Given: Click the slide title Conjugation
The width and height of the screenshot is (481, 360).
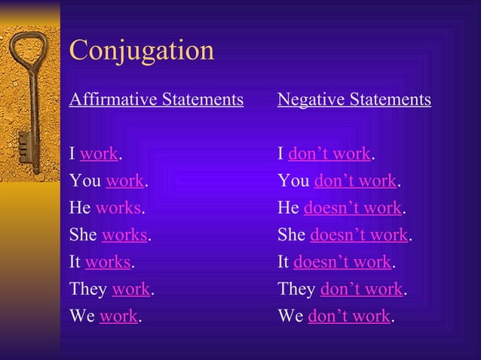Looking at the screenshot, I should click(x=142, y=50).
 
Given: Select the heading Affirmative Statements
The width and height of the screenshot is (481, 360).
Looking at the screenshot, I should click(x=156, y=99).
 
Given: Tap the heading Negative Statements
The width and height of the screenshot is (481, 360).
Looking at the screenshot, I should click(x=354, y=99).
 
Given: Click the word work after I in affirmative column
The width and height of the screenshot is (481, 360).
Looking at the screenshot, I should click(x=99, y=154).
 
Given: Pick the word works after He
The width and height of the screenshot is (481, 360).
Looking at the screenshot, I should click(x=118, y=208).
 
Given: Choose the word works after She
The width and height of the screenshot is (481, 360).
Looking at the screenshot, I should click(x=124, y=235).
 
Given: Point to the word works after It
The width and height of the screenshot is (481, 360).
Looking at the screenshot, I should click(x=108, y=262).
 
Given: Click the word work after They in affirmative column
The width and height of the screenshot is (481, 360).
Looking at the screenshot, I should click(x=131, y=289).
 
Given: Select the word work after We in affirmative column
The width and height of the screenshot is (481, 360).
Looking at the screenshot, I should click(x=118, y=316).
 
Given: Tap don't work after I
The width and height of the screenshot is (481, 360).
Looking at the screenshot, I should click(x=329, y=154).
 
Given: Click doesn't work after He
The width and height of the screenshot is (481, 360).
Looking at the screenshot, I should click(x=353, y=208).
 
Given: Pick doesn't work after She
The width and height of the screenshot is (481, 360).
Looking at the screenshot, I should click(x=359, y=235).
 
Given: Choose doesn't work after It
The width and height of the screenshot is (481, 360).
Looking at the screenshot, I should click(x=342, y=262).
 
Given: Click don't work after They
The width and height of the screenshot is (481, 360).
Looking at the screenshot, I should click(x=362, y=289).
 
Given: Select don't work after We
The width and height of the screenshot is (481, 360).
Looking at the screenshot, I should click(x=349, y=316).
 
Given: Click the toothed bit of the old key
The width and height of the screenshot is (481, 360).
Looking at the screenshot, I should click(x=23, y=142).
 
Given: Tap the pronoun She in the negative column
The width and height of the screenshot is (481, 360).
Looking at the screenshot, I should click(x=292, y=235).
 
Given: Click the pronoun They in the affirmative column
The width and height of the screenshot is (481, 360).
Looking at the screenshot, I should click(x=88, y=289).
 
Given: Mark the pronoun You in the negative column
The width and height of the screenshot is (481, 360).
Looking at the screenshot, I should click(x=293, y=182).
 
